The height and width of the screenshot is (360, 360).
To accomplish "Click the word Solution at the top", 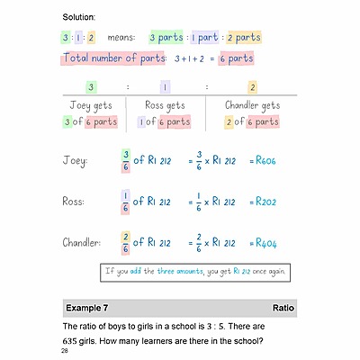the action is [x=80, y=17].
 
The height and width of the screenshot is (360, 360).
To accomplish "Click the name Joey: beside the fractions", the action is [x=76, y=162].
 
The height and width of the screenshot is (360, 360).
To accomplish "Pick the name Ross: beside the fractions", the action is [x=76, y=202].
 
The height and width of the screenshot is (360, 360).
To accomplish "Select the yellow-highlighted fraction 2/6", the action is [x=124, y=243].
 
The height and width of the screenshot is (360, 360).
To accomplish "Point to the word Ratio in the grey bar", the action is [x=284, y=308].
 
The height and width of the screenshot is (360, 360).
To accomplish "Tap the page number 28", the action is [x=65, y=351].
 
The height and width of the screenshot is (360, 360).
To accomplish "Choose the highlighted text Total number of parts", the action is [x=113, y=58].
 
